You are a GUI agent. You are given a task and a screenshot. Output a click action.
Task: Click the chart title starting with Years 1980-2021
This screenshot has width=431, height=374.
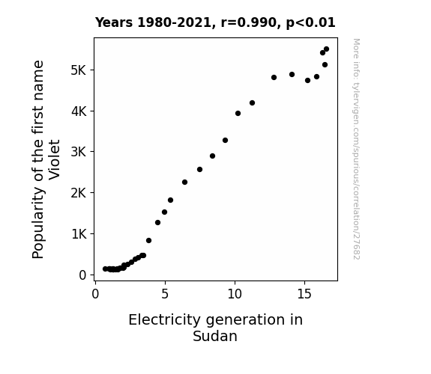pyautogui.click(x=215, y=22)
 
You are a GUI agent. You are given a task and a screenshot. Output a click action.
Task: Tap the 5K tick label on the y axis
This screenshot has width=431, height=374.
pyautogui.click(x=79, y=70)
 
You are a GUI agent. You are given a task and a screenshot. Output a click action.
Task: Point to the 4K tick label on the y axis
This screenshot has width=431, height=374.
pyautogui.click(x=79, y=111)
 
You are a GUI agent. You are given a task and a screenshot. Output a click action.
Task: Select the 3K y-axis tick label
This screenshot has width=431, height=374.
pyautogui.click(x=79, y=152)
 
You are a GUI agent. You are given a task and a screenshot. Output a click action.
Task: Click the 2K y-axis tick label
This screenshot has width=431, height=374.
pyautogui.click(x=79, y=193)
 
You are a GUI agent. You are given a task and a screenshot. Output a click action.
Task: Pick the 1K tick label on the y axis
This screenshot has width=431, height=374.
pyautogui.click(x=79, y=234)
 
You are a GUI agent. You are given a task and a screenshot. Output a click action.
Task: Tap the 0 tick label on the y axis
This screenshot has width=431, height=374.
pyautogui.click(x=82, y=275)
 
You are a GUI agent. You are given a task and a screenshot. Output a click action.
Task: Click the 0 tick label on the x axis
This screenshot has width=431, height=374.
pyautogui.click(x=95, y=294)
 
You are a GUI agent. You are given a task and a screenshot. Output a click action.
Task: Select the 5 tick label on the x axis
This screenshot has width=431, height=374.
pyautogui.click(x=165, y=294)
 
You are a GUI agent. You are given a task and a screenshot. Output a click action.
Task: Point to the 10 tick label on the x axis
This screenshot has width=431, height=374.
pyautogui.click(x=235, y=294)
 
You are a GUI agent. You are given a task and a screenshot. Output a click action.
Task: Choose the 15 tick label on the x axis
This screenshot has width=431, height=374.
pyautogui.click(x=304, y=294)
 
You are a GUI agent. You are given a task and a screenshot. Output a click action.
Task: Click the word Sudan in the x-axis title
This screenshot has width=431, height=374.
pyautogui.click(x=215, y=336)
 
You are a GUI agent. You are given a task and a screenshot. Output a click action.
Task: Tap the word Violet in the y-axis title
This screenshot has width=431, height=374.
pyautogui.click(x=55, y=159)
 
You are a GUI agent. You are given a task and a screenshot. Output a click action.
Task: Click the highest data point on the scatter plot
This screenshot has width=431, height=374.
pyautogui.click(x=326, y=49)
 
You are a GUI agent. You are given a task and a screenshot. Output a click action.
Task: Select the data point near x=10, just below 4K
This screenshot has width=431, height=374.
pyautogui.click(x=238, y=114)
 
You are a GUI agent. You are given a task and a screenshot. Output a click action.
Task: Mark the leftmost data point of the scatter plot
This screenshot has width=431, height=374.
pyautogui.click(x=105, y=269)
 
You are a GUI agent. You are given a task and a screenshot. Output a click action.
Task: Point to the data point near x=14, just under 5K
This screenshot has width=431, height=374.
pyautogui.click(x=292, y=74)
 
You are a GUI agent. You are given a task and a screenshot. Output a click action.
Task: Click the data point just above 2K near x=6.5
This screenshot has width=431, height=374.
pyautogui.click(x=184, y=183)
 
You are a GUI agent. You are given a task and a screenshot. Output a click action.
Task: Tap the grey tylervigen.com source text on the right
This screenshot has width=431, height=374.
pyautogui.click(x=356, y=149)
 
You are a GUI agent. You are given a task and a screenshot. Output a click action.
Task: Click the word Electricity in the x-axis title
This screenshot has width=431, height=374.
pyautogui.click(x=165, y=320)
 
